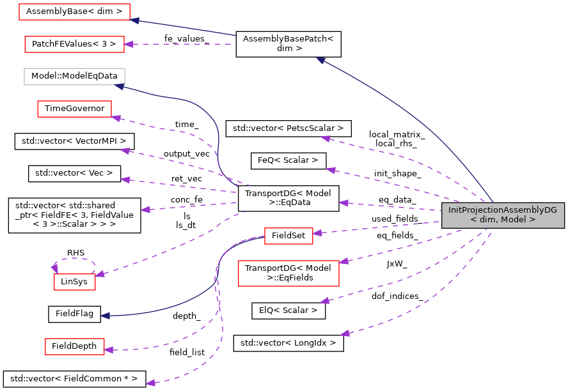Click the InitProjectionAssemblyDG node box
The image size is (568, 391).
tap(503, 215)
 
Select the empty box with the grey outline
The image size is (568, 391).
tap(74, 77)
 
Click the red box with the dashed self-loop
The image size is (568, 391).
tap(75, 282)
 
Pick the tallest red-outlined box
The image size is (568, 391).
tap(288, 273)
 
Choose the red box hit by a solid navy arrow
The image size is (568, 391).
tap(74, 11)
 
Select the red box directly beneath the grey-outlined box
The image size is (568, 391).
tap(74, 109)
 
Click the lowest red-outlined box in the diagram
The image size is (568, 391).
tap(75, 346)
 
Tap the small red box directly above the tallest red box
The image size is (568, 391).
tap(288, 236)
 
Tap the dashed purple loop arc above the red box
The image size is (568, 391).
tap(75, 259)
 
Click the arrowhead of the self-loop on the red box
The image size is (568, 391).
tap(55, 268)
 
